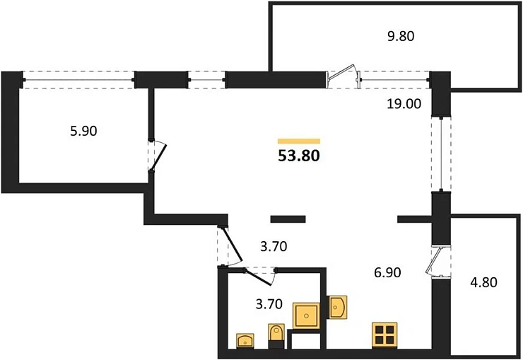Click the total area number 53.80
click(x=299, y=156)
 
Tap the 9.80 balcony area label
click(x=401, y=36)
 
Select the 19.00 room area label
click(x=404, y=104)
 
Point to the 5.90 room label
click(x=83, y=131)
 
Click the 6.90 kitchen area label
click(x=387, y=272)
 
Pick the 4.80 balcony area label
click(x=483, y=282)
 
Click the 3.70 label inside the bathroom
click(x=269, y=304)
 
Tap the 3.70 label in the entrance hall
click(x=274, y=247)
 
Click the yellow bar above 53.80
click(x=299, y=141)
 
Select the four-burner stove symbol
click(x=384, y=335)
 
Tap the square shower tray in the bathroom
click(x=306, y=315)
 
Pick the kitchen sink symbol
click(x=338, y=307)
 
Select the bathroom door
click(x=259, y=277)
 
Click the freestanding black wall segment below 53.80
click(x=288, y=219)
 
